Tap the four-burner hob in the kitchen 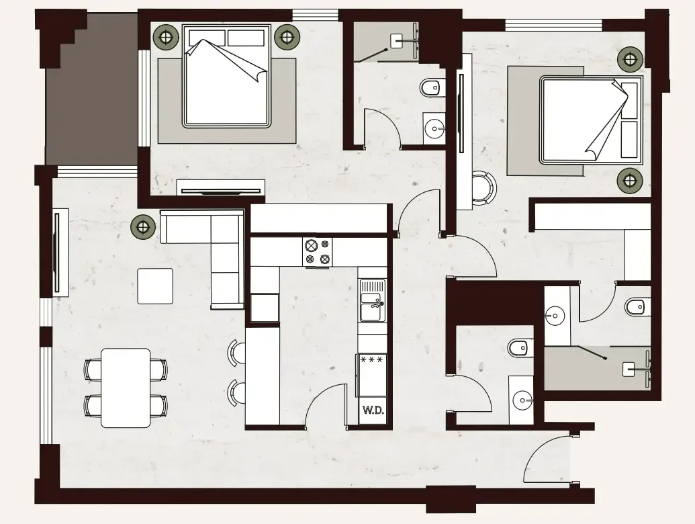click(x=318, y=252)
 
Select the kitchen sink click(x=371, y=302)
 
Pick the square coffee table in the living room click(x=155, y=286)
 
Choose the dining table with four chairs click(x=126, y=388)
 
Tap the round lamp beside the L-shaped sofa click(x=143, y=226)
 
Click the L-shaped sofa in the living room click(x=215, y=249)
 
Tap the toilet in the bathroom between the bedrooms click(x=430, y=87)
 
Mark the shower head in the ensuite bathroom click(x=629, y=368)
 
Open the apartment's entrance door click(x=547, y=457)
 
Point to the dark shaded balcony click(x=91, y=94)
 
